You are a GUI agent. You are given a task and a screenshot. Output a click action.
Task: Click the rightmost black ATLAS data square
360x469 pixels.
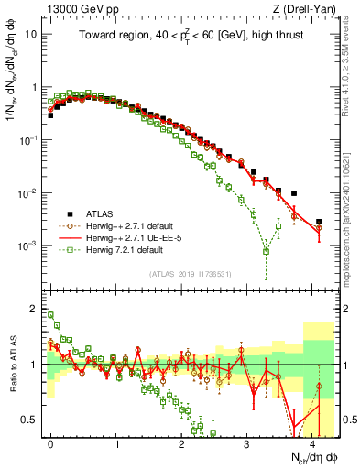click(x=319, y=222)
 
